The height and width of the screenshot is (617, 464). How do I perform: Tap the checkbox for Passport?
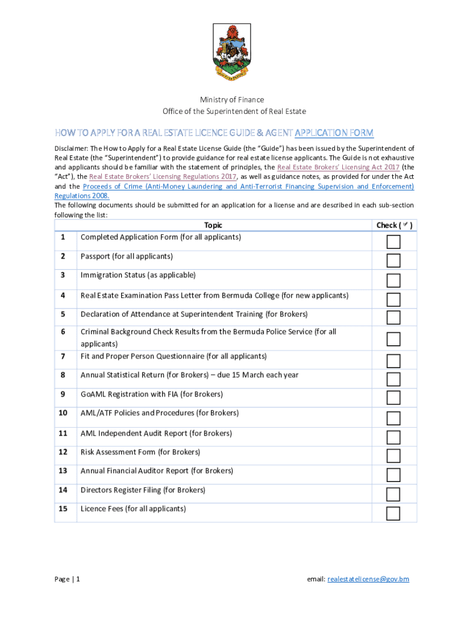[393, 260]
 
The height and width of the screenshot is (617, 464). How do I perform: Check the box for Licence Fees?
[393, 513]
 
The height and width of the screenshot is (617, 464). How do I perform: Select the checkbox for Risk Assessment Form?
[393, 456]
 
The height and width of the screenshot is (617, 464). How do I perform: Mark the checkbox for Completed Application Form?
[393, 242]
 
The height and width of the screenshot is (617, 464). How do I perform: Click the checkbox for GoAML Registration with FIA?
[393, 398]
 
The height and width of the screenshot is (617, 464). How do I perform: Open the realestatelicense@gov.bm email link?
[368, 579]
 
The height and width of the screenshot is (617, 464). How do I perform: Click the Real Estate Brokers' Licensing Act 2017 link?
[338, 167]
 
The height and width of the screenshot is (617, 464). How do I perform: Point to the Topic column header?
[213, 225]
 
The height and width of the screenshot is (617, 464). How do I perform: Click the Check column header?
[394, 225]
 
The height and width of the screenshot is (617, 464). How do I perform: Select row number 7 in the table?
[63, 356]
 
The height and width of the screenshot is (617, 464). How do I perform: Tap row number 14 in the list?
[63, 490]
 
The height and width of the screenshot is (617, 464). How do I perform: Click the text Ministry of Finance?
[232, 99]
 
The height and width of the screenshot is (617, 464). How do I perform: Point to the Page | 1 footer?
[67, 579]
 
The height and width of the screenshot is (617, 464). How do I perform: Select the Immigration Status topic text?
[138, 275]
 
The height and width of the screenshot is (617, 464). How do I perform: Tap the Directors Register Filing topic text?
[143, 490]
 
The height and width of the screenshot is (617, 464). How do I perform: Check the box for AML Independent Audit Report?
[393, 437]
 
